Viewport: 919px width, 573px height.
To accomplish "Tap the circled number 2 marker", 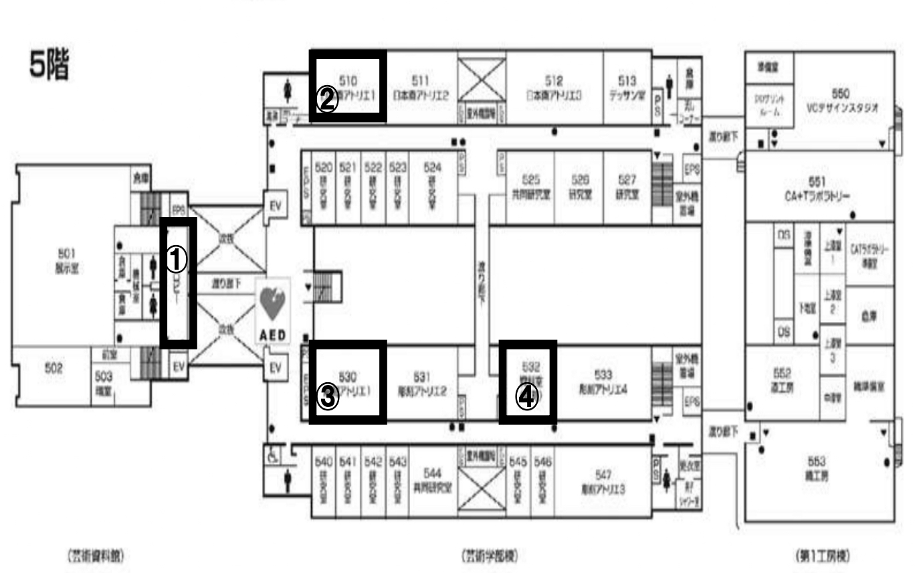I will (327, 100).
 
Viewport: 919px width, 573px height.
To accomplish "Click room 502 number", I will (54, 367).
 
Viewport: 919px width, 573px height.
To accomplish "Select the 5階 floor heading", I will (49, 65).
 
